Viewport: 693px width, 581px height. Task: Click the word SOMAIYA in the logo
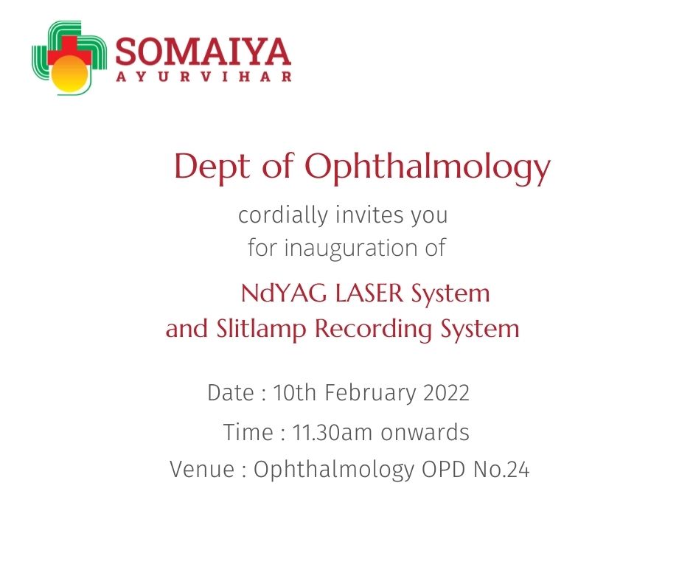pyautogui.click(x=203, y=52)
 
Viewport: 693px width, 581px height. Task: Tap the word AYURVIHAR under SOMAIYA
pyautogui.click(x=203, y=77)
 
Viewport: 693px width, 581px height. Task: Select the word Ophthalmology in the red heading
pyautogui.click(x=428, y=168)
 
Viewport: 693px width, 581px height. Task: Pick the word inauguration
pyautogui.click(x=350, y=247)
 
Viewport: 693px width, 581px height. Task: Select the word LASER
pyautogui.click(x=369, y=293)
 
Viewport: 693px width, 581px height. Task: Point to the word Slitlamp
pyautogui.click(x=261, y=330)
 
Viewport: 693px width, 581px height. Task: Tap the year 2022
pyautogui.click(x=446, y=393)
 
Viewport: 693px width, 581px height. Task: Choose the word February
pyautogui.click(x=370, y=393)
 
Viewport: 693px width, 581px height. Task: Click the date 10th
pyautogui.click(x=294, y=392)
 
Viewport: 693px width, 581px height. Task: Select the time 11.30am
pyautogui.click(x=332, y=432)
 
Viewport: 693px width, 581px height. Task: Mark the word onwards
pyautogui.click(x=425, y=432)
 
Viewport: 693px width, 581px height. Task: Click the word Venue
pyautogui.click(x=202, y=469)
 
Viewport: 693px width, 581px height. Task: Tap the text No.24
pyautogui.click(x=501, y=469)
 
